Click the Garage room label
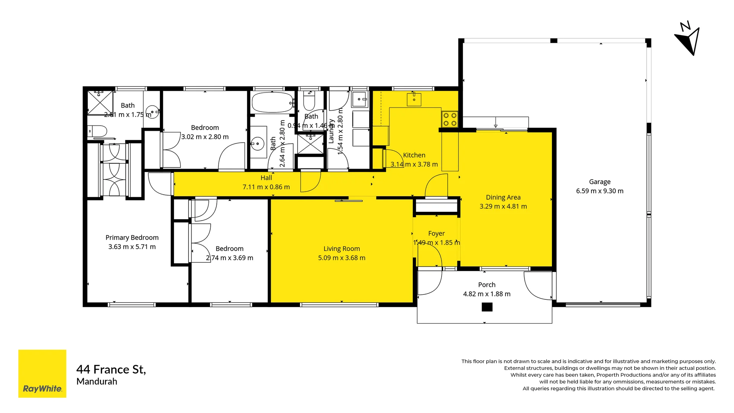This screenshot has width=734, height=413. coord(599,182)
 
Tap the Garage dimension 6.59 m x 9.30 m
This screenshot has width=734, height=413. coord(599,191)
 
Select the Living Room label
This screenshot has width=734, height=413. coord(341,249)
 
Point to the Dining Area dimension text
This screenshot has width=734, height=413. coord(503,206)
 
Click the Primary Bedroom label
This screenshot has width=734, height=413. coord(132,237)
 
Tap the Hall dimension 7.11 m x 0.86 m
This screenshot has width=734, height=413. coord(266,187)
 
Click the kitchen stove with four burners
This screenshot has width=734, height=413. coord(450,119)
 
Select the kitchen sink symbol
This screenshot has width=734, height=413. coord(414,99)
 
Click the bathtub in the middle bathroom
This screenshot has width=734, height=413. coord(272,102)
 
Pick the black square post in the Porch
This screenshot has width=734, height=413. coord(487,307)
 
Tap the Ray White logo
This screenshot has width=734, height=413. coord(42,374)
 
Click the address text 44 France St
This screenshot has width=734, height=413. coord(111,369)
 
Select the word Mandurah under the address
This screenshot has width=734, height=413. coord(97,382)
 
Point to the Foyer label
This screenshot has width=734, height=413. coord(436,233)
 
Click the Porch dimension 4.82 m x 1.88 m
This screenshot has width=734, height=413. coord(487,294)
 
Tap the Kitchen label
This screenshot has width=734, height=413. coord(414,155)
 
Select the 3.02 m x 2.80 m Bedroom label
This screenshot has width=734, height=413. coord(205,128)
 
